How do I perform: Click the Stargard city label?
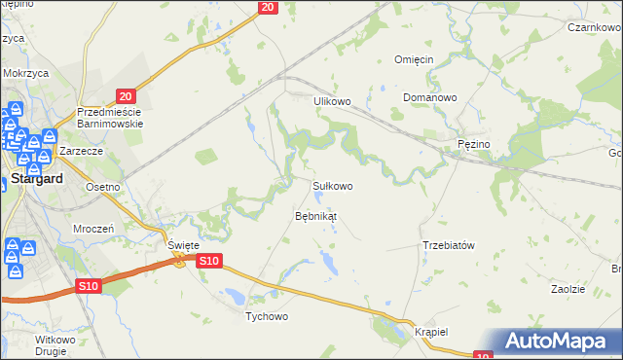point(37,178)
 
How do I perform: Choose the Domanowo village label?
point(430,98)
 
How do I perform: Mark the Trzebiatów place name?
point(448,245)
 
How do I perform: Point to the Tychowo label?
point(267,316)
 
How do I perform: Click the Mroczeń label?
point(94,227)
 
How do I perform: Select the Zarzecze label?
point(81,153)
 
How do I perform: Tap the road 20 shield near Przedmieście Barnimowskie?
point(124,95)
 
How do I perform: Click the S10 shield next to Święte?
point(210,261)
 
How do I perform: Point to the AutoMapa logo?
point(560,341)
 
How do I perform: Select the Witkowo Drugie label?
point(55,344)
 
